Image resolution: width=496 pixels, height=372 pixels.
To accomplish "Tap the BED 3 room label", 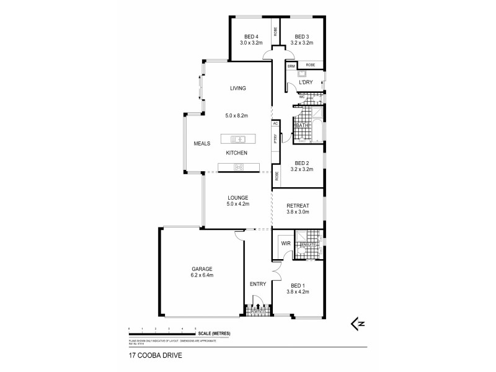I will [x=302, y=36].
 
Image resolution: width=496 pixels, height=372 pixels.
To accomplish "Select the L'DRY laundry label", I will [x=305, y=82].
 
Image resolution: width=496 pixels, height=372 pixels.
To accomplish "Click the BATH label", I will [x=302, y=126].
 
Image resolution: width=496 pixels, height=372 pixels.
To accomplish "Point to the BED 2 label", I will [x=303, y=163].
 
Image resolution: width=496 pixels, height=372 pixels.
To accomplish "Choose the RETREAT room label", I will [x=298, y=206].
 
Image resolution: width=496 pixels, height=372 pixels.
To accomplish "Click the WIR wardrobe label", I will [x=286, y=244].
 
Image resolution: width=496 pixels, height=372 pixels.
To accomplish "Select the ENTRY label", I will [x=258, y=284].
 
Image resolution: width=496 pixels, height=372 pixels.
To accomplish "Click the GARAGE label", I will [x=201, y=268].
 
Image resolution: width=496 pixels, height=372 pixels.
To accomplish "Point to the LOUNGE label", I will [x=237, y=197].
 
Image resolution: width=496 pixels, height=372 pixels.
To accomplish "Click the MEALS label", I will [x=202, y=143].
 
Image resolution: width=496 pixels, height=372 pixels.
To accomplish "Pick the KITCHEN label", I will [x=237, y=153].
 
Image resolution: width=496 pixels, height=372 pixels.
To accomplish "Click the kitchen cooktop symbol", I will [x=238, y=166].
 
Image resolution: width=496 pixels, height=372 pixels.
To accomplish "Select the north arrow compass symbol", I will [x=357, y=323].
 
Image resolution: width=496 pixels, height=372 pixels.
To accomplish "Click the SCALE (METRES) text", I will [x=215, y=334].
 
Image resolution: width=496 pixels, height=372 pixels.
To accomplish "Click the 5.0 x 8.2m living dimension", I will [x=237, y=115].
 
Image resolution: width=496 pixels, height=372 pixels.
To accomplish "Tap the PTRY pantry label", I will [x=275, y=139].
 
